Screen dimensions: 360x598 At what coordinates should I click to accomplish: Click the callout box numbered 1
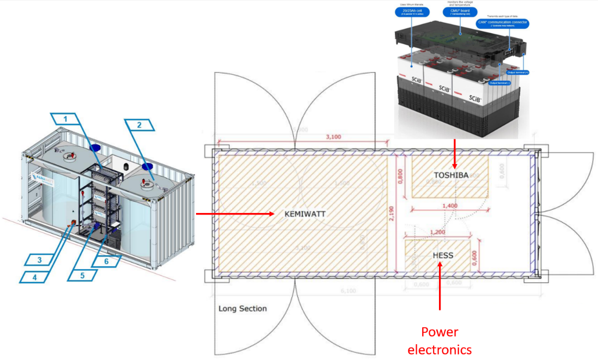pos(65,118)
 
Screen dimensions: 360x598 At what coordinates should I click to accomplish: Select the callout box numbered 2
pos(139,125)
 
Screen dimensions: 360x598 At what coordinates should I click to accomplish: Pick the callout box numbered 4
pos(35,277)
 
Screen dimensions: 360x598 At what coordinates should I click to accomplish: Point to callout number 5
pos(82,275)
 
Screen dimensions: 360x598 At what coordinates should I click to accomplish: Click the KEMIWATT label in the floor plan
pos(305,215)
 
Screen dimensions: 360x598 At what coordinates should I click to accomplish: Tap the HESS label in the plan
pos(443,255)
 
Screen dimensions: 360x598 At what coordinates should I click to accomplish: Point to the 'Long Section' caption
pos(242,309)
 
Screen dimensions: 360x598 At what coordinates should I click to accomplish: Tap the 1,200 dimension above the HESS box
pos(438,231)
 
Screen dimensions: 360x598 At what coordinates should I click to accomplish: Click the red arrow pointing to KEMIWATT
pos(235,214)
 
